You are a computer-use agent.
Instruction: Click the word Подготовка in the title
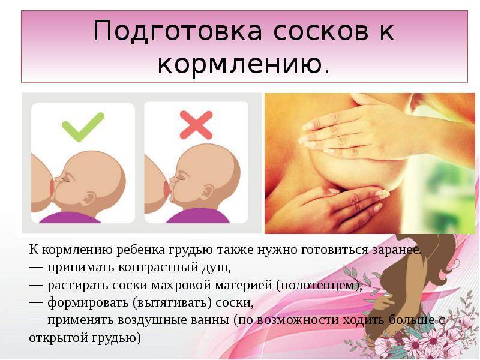pos(178,31)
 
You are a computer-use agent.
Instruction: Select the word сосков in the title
pos(320,31)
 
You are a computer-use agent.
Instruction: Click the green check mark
pos(83,127)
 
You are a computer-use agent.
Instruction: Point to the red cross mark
pos(196,125)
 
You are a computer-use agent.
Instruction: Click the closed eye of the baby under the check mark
pos(67,178)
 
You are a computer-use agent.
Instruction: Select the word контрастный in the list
pos(157,267)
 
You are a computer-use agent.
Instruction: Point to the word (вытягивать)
pos(172,303)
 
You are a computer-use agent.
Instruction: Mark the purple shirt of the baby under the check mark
pos(70,217)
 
